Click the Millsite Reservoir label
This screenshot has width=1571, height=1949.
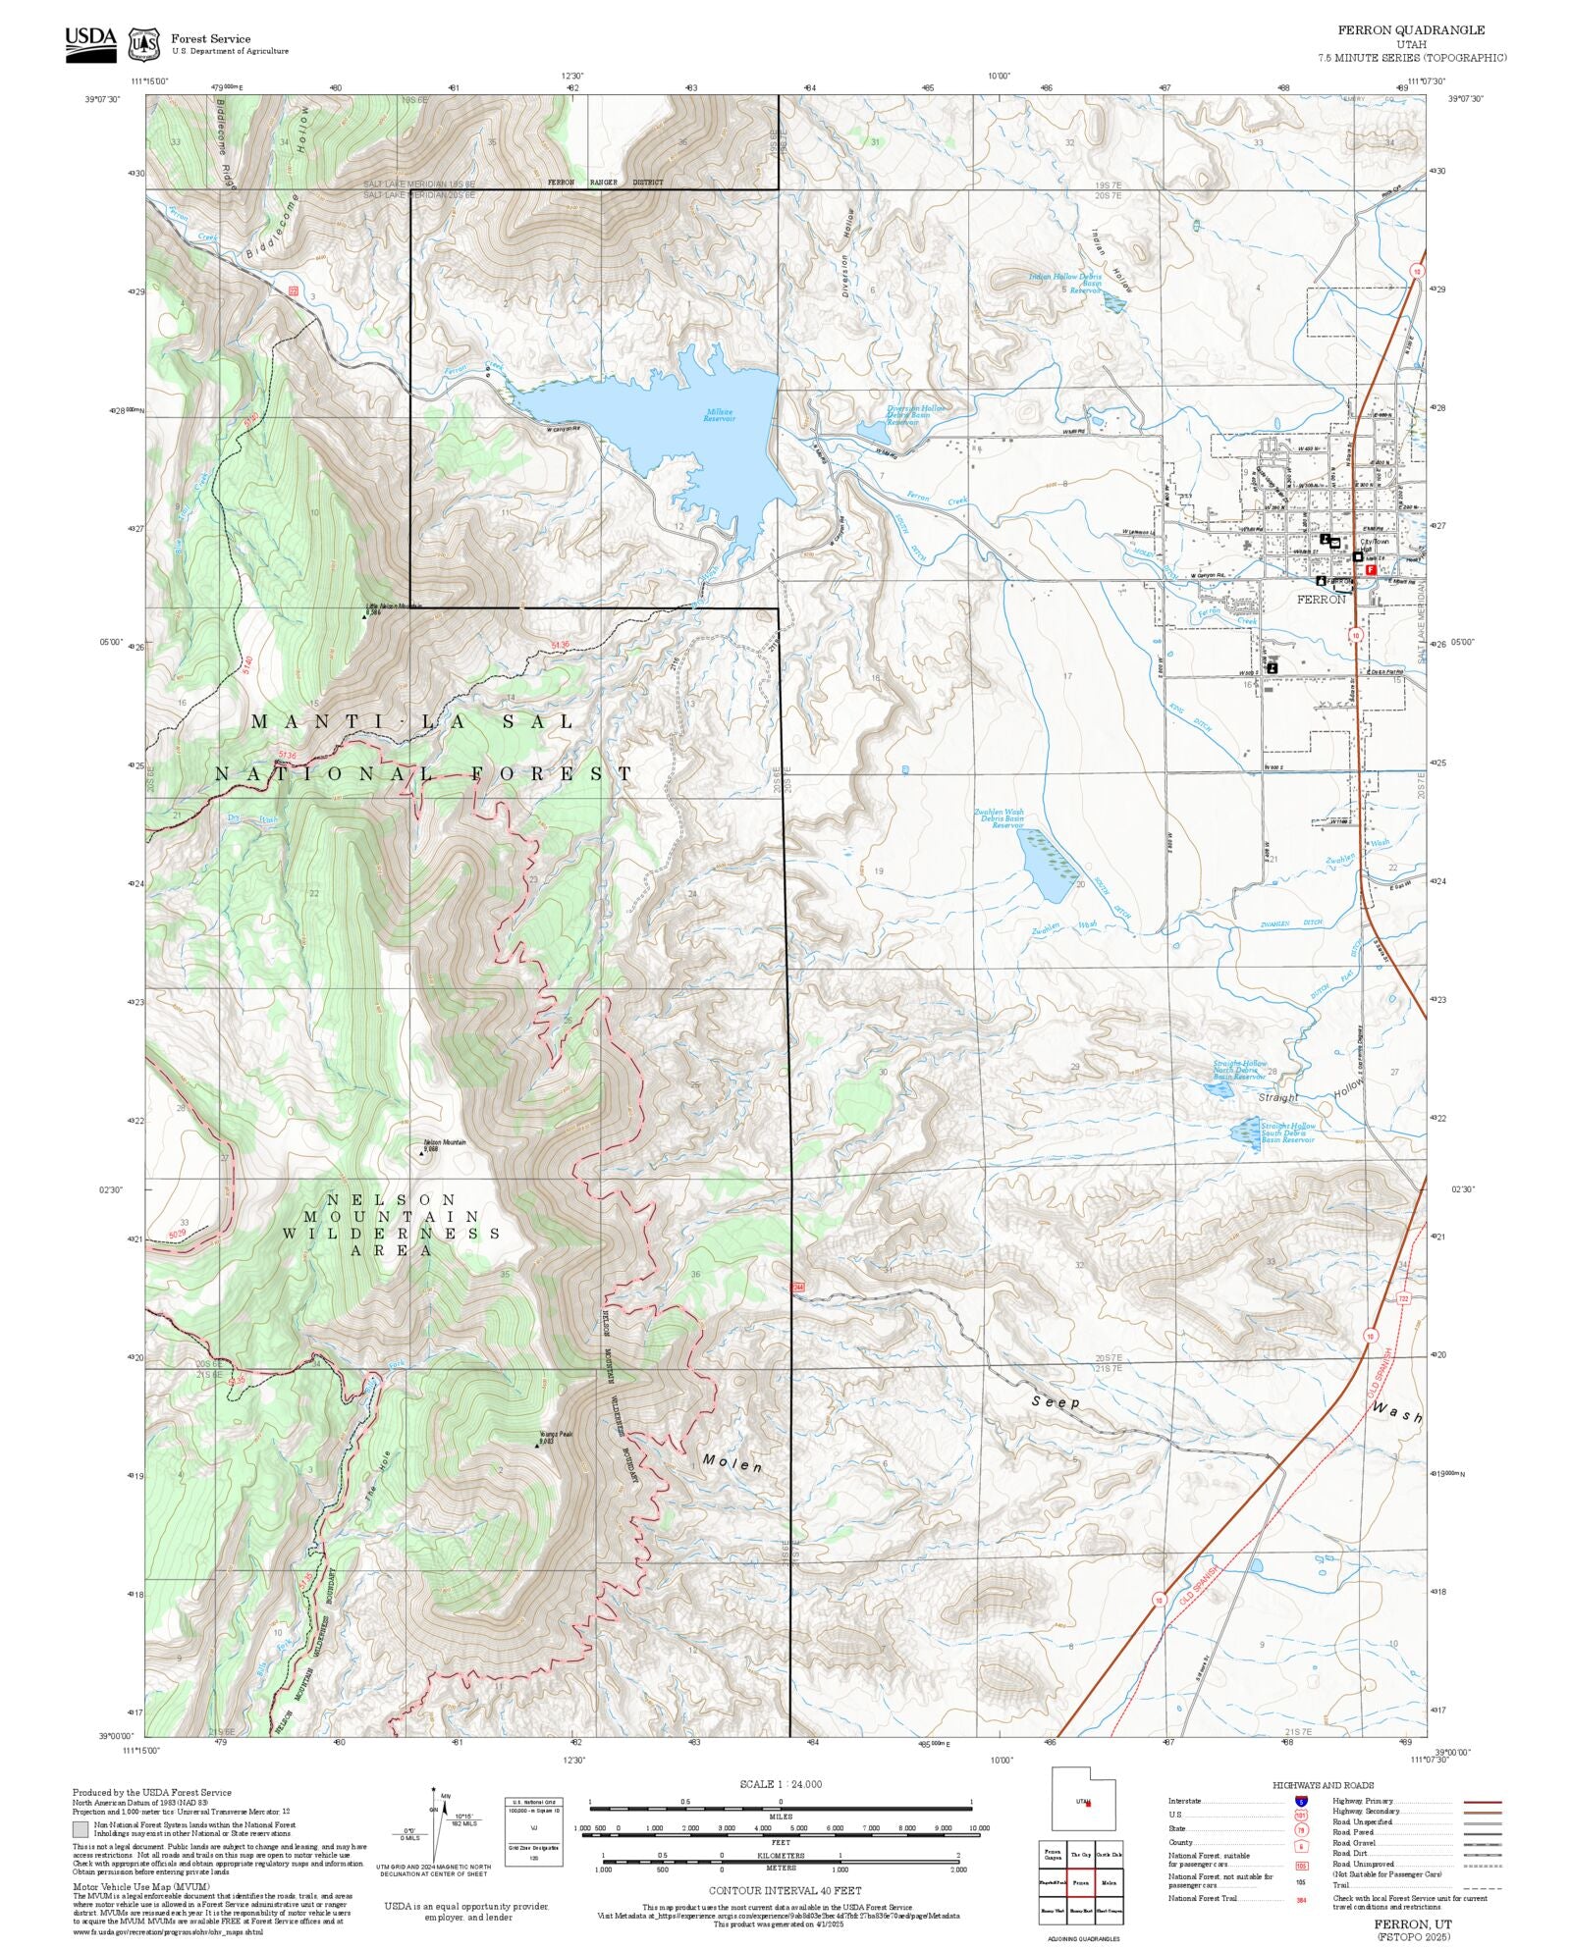[x=719, y=415]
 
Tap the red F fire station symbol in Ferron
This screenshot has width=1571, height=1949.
[x=1371, y=568]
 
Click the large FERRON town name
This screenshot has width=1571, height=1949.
[x=1321, y=599]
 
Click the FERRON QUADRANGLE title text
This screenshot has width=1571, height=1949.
[x=1411, y=30]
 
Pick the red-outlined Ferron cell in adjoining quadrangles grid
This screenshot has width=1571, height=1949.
[x=1080, y=1883]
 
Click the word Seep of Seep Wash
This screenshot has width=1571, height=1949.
[x=1056, y=1402]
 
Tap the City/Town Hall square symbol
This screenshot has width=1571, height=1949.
[x=1357, y=556]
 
